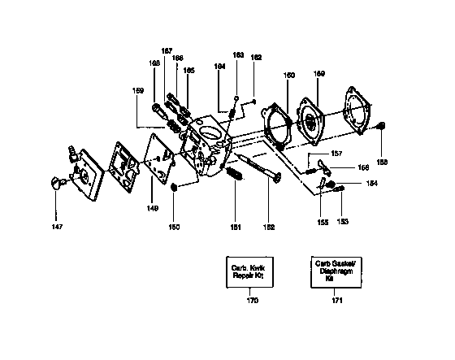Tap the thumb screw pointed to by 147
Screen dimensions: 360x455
[x=57, y=184]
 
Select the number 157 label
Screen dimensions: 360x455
[x=336, y=154]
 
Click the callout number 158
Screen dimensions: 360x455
[x=382, y=163]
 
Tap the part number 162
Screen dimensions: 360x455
[x=256, y=57]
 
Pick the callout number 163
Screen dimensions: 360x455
[x=238, y=55]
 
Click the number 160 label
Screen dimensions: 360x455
[x=288, y=76]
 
